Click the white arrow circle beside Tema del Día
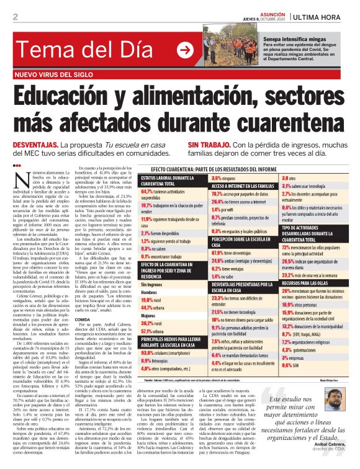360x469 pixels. (185, 50)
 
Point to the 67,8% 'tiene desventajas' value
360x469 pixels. (202, 252)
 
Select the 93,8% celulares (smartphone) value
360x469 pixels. (148, 351)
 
